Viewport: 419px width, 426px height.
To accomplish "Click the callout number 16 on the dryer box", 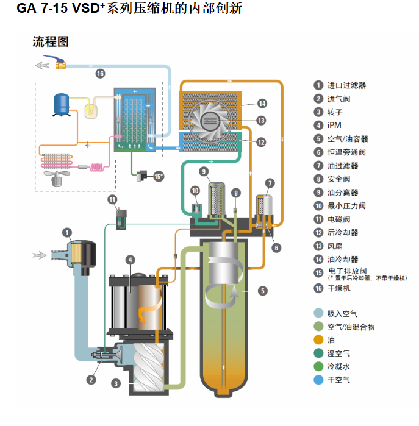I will click(x=101, y=74).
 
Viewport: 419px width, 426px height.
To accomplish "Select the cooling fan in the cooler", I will click(x=210, y=119).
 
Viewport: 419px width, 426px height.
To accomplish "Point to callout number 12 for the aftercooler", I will click(x=260, y=142).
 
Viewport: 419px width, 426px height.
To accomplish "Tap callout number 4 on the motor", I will click(x=130, y=260).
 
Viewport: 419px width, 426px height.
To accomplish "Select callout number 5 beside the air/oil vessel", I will click(x=262, y=291).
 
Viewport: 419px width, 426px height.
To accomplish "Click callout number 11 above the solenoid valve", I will click(x=112, y=199).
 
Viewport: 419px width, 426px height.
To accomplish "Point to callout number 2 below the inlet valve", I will click(x=91, y=379).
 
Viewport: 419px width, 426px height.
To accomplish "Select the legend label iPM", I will click(x=334, y=126).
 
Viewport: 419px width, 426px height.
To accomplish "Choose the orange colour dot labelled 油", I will click(x=318, y=340).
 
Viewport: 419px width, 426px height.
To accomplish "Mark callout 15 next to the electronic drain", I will click(x=159, y=176).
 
